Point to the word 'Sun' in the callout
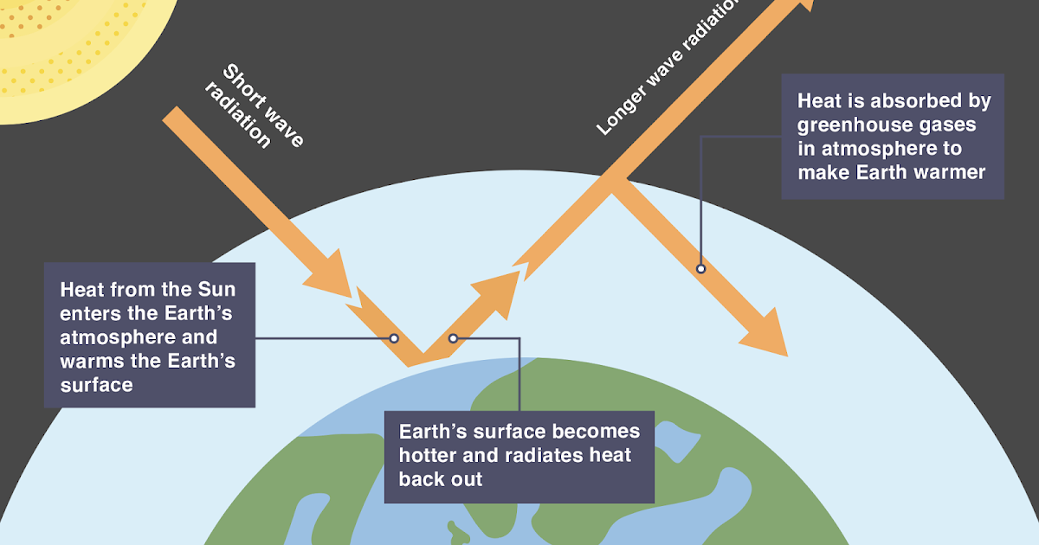point(216,290)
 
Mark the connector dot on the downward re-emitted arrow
point(700,269)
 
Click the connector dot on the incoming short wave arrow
point(394,338)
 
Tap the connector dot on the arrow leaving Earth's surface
point(452,338)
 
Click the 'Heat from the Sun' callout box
point(149,335)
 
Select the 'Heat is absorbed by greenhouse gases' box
point(892,137)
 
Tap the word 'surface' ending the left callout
point(97,385)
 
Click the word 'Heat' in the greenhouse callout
point(819,101)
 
